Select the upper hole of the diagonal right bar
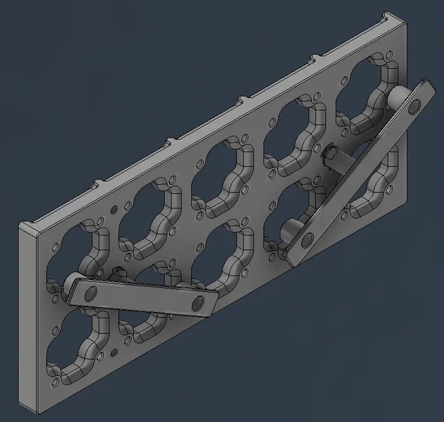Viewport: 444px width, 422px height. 414,105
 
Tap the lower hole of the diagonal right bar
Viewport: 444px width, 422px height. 307,240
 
